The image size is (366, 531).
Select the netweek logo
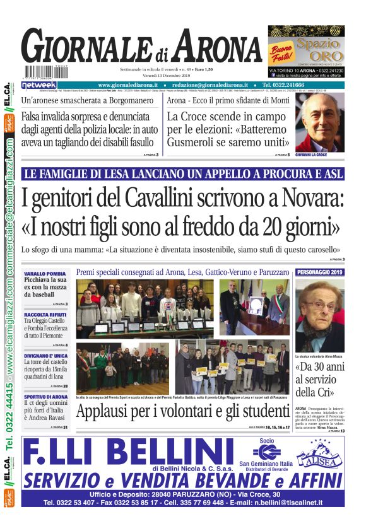click(39, 85)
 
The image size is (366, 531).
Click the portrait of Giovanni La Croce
click(319, 124)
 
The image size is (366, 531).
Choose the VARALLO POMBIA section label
click(45, 274)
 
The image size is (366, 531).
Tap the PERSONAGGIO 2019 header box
click(320, 272)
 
